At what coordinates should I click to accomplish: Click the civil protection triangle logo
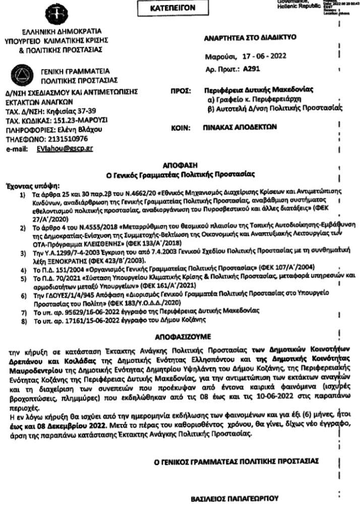coord(23,76)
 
